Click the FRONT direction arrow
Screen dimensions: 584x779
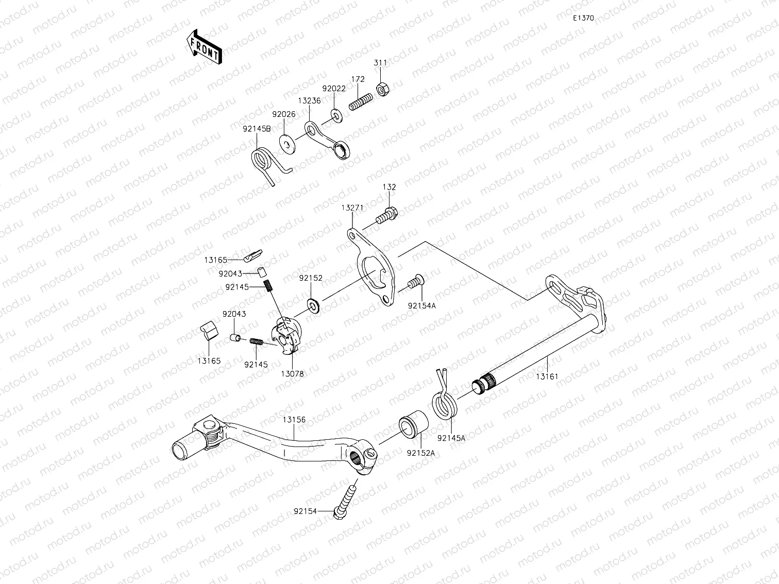(204, 47)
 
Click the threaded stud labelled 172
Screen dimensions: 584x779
(361, 101)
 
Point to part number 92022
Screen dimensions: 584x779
(334, 89)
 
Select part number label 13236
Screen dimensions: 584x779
(309, 100)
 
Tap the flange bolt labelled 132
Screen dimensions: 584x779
(386, 215)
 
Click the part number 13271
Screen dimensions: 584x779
(352, 208)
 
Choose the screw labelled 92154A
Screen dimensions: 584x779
(416, 282)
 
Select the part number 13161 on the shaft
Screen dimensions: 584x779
(547, 376)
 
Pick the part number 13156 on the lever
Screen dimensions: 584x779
(294, 420)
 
